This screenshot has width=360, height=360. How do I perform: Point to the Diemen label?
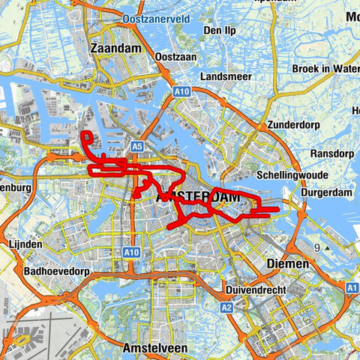(288, 264)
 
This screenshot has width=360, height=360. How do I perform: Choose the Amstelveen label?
(154, 349)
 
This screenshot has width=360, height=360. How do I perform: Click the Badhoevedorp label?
(57, 271)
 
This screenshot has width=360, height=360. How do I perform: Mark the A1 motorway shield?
(352, 287)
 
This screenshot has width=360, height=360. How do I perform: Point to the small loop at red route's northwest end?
(87, 136)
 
